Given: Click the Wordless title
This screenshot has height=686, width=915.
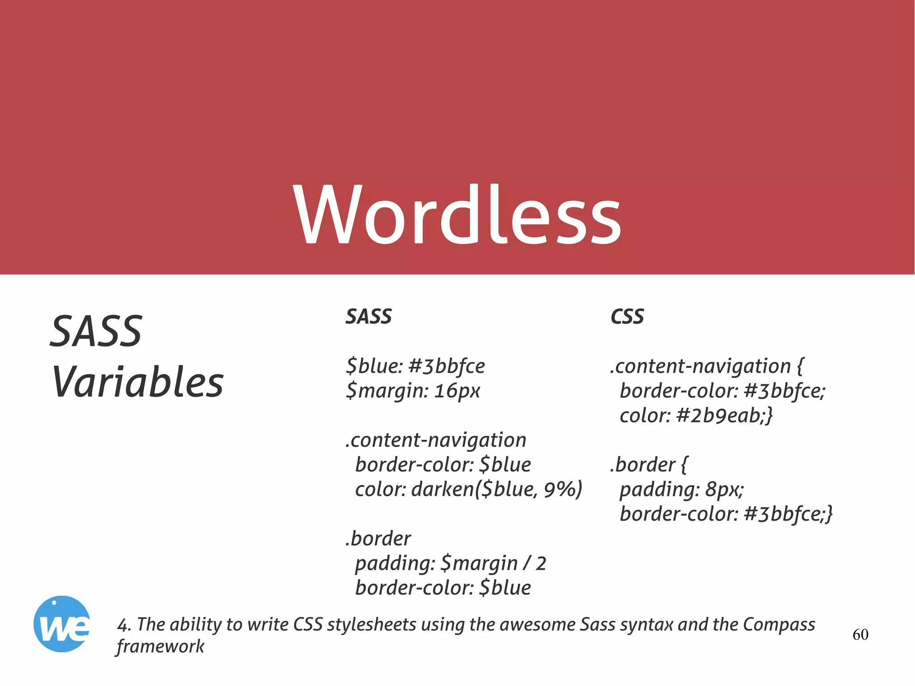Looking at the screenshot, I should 457,215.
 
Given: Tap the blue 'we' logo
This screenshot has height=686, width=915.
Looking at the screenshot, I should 62,624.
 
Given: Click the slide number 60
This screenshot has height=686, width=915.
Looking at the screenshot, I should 860,635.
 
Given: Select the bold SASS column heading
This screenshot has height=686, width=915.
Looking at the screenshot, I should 369,317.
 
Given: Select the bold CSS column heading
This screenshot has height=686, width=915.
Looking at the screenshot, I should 627,317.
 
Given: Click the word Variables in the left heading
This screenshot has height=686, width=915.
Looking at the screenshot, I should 138,382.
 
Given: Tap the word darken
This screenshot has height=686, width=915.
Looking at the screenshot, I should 442,489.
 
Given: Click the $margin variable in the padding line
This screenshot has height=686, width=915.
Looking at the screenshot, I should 478,564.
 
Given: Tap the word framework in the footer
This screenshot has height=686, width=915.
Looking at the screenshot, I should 160,647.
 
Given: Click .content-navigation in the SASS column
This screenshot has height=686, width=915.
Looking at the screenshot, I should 436,440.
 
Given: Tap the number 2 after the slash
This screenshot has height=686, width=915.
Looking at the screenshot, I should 541,564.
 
